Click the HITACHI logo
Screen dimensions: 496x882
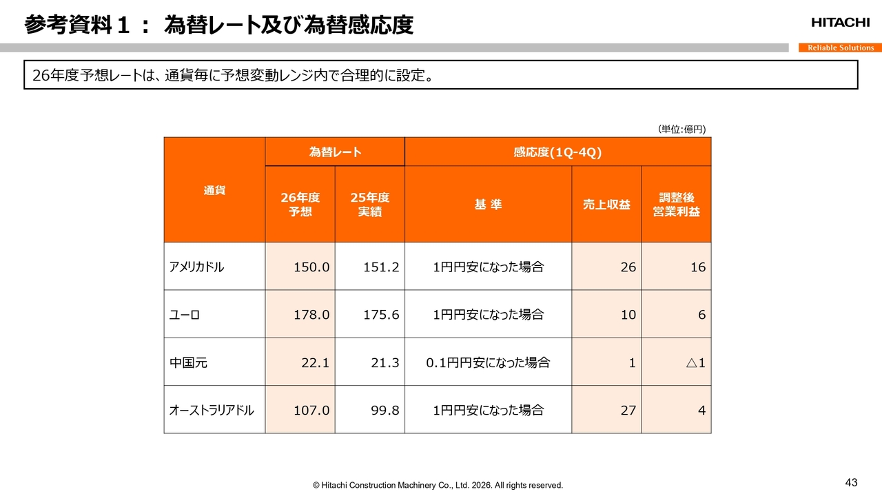[840, 23]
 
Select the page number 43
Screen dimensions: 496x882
[851, 482]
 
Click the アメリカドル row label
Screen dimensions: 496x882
[196, 267]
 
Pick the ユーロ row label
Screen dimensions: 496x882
[185, 314]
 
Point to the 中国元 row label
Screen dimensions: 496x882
[188, 362]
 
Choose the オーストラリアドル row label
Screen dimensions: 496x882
[212, 410]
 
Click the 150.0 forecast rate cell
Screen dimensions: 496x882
[311, 267]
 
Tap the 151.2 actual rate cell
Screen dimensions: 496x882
[381, 267]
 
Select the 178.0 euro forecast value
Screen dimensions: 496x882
[311, 314]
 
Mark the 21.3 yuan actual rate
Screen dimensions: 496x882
[384, 362]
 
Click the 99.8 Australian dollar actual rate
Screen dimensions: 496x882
[384, 410]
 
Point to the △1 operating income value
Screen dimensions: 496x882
[695, 362]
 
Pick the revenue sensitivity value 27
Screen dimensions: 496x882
[628, 410]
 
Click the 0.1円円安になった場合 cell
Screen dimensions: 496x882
[488, 362]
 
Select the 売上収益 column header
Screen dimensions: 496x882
[606, 205]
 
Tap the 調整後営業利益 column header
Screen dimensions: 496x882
[676, 205]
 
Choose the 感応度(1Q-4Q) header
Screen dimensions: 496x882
[557, 152]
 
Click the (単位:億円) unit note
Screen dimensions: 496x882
[681, 129]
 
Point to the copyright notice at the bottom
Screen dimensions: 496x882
[438, 485]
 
